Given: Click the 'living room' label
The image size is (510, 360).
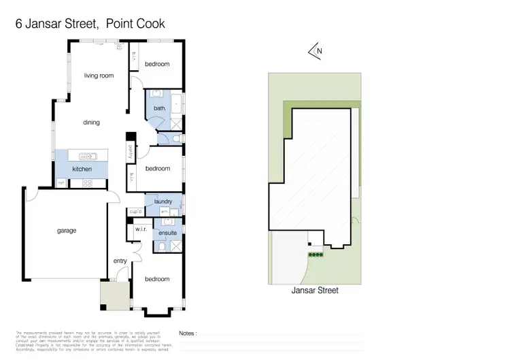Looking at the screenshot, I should tap(99, 76).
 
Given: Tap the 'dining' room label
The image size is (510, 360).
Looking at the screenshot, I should tap(92, 122).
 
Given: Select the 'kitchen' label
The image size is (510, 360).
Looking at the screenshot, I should tap(82, 169).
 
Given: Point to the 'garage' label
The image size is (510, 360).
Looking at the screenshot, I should tap(67, 230).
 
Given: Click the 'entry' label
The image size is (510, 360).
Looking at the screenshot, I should tap(120, 261).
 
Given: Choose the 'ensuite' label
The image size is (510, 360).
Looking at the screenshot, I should tap(168, 233).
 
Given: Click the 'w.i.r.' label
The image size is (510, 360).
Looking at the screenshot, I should tap(141, 229).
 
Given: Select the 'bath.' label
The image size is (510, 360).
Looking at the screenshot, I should tap(160, 108).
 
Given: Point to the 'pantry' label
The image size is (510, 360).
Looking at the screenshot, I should tap(130, 150).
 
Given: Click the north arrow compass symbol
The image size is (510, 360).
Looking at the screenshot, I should tap(314, 50).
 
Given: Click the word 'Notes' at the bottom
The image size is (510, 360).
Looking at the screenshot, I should tap(188, 333).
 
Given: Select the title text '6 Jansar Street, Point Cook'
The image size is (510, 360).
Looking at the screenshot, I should tap(90, 24).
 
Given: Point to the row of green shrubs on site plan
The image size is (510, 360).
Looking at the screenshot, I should tap(316, 255).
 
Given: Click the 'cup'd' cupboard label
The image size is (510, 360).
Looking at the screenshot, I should tap(135, 211).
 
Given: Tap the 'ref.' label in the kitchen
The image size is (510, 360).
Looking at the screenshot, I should tap(61, 182).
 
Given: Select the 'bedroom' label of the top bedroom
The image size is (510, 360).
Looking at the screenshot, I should tap(156, 64).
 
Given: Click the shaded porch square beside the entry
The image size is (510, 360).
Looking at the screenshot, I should tap(112, 294).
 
